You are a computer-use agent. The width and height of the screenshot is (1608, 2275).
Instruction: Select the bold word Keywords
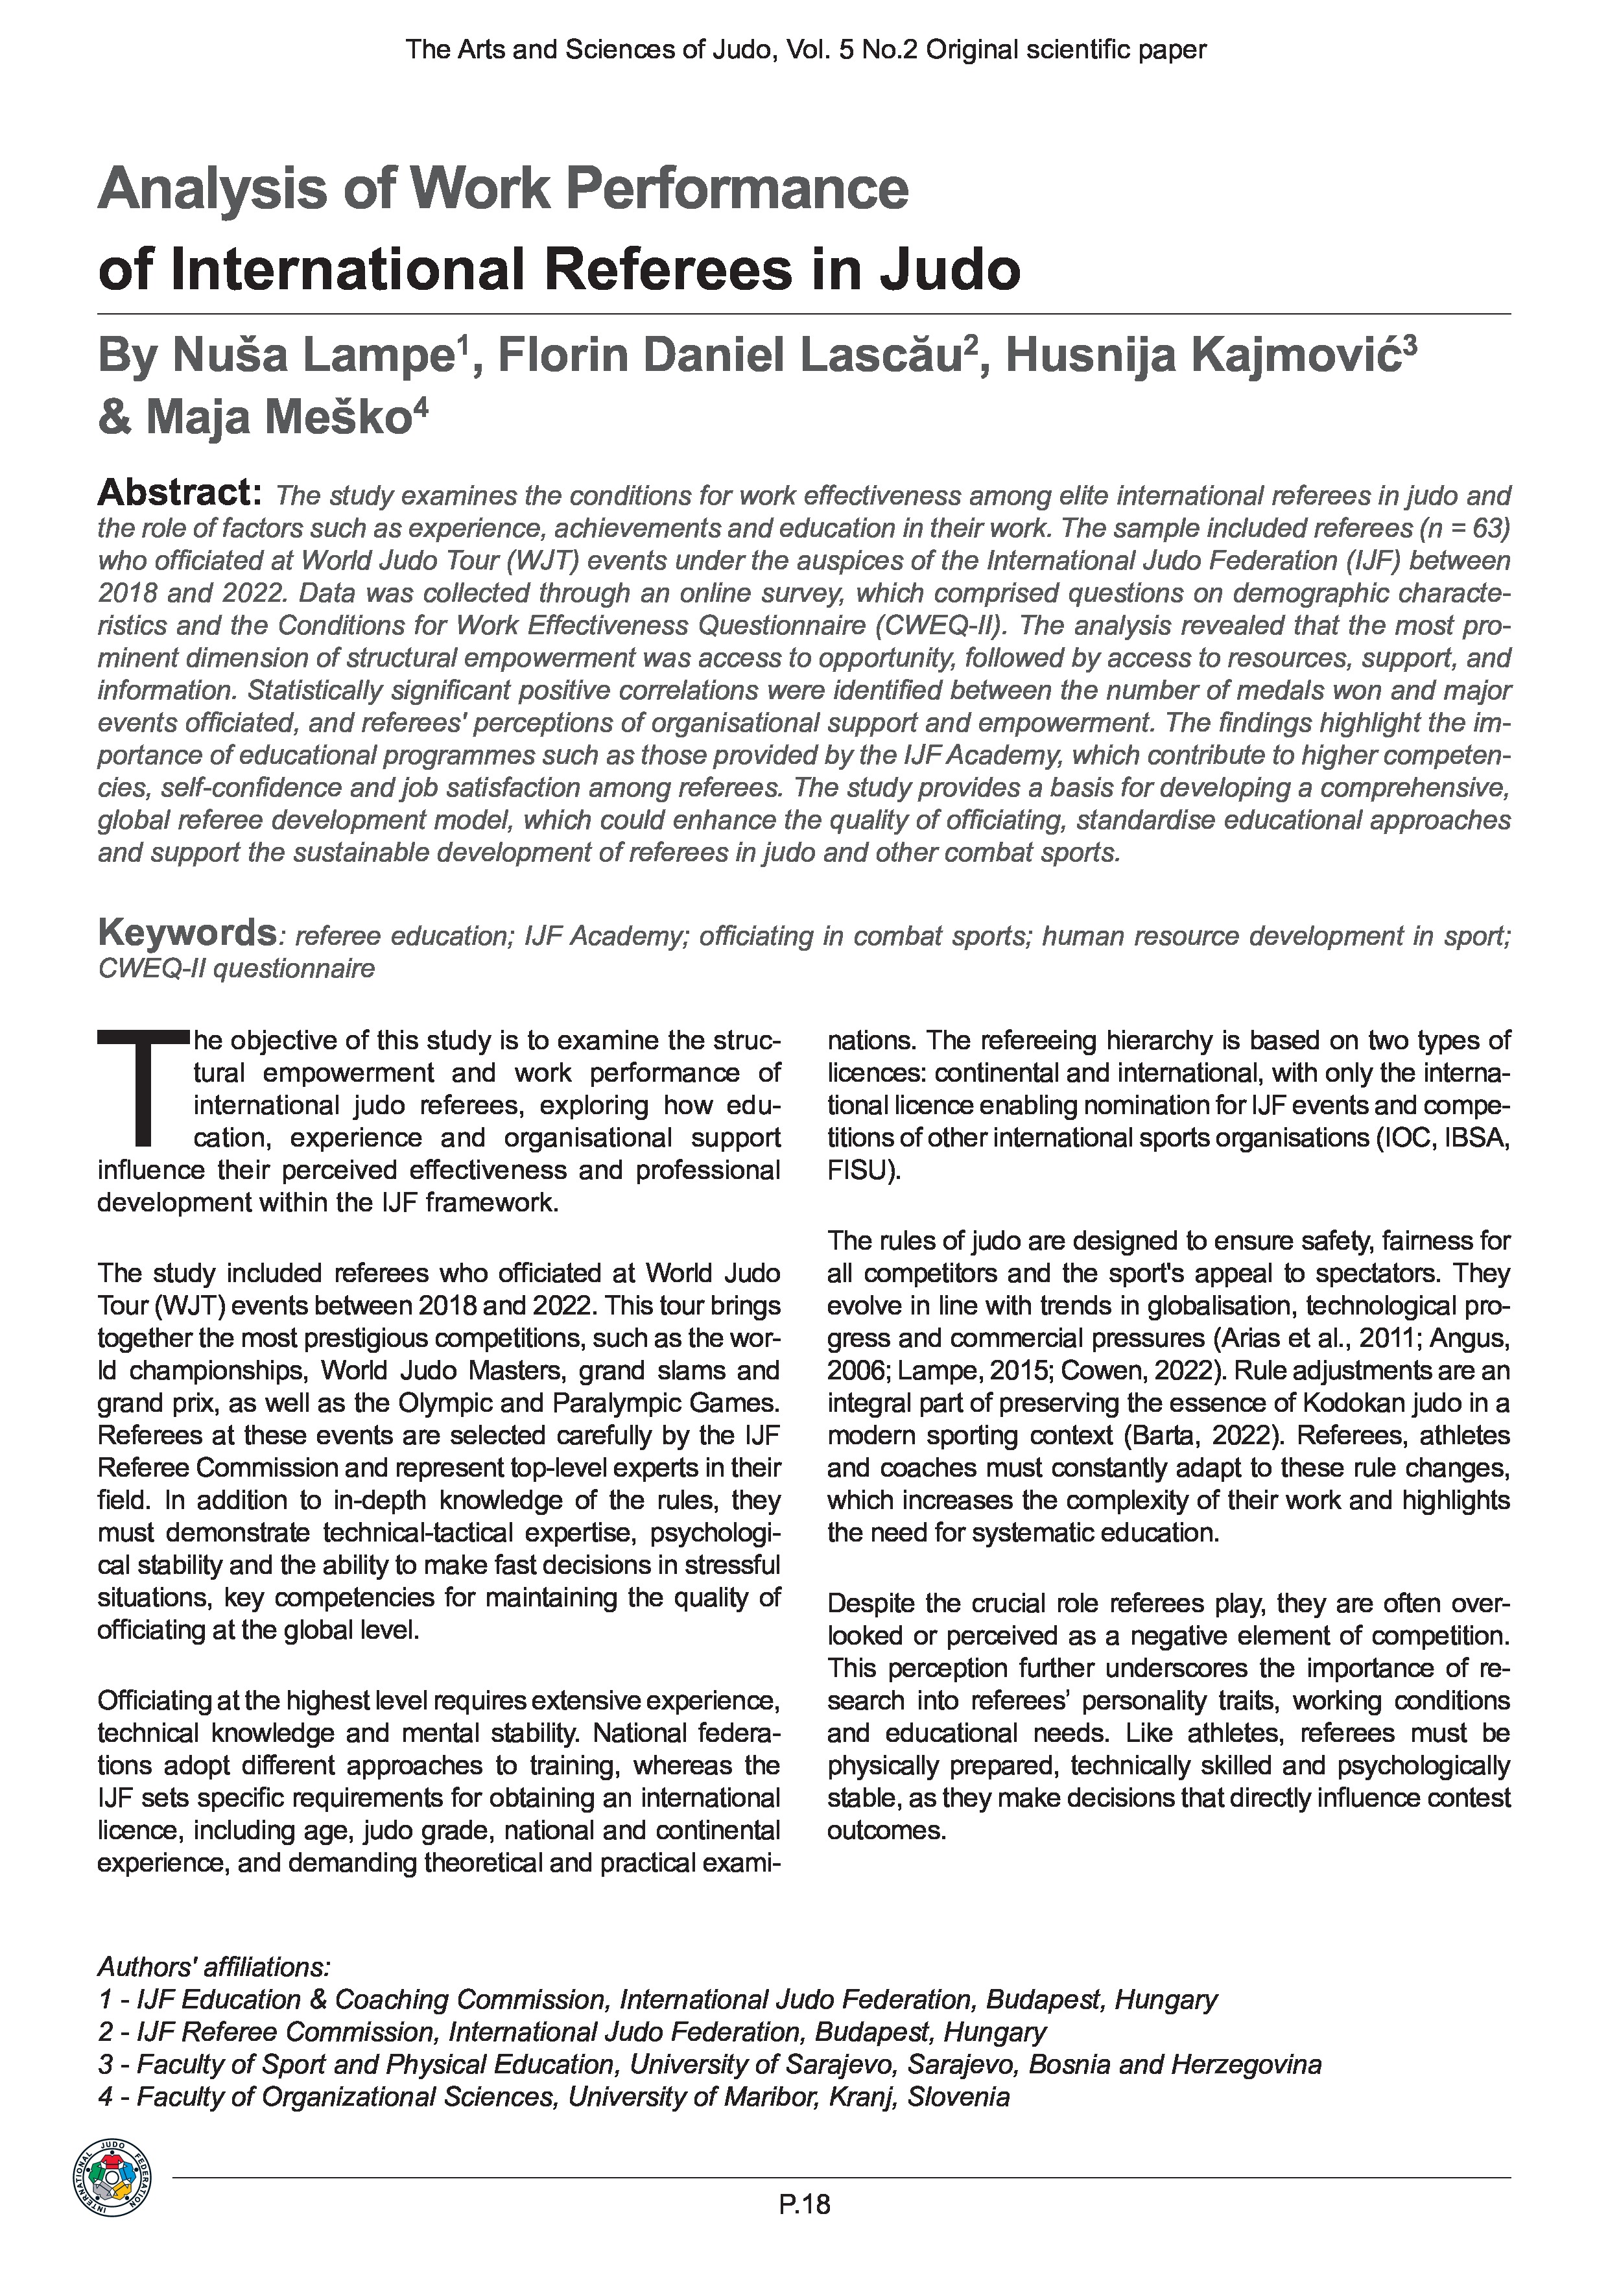pos(186,933)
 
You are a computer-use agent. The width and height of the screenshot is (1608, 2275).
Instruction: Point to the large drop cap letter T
pos(143,1086)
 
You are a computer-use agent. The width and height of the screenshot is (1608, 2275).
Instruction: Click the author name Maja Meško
pos(278,417)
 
